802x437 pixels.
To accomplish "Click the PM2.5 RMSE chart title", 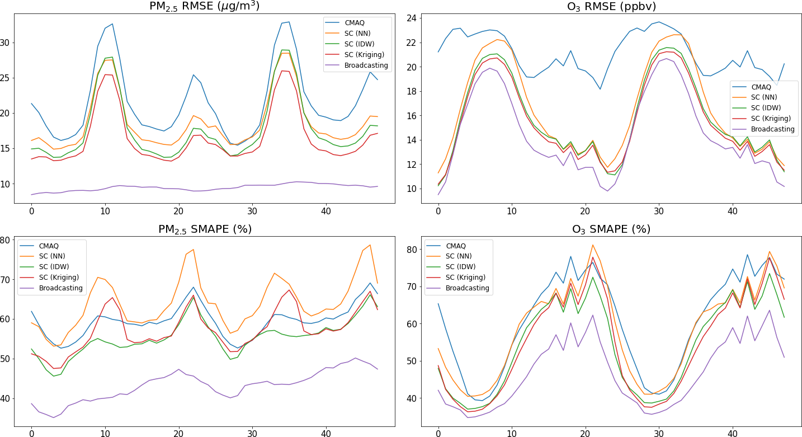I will (204, 6).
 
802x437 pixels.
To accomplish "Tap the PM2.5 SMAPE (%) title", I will (204, 229).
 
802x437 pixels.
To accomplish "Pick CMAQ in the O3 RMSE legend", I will (761, 87).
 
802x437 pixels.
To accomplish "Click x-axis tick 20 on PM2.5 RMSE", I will (178, 212).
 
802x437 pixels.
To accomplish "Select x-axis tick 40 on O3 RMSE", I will (732, 212).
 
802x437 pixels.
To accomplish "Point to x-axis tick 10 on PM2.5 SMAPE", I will (105, 434).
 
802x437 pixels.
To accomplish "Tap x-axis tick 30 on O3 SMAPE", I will (659, 434).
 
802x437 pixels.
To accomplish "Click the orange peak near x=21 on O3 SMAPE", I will (593, 245).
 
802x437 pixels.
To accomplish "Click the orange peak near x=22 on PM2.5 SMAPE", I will (193, 250).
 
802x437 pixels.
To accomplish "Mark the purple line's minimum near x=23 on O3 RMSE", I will (607, 191).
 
